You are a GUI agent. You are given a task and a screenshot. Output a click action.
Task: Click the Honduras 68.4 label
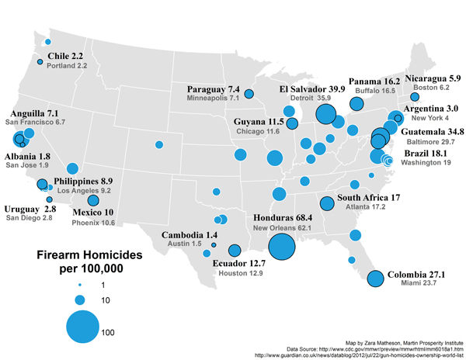284,218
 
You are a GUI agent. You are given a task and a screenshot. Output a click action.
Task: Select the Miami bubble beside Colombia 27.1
375,279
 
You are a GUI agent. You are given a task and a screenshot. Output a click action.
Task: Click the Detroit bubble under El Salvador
325,115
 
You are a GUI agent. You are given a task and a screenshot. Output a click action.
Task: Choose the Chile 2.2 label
65,57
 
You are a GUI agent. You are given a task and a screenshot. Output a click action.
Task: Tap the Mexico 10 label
93,212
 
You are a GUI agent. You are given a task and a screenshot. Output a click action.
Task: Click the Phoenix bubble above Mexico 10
94,200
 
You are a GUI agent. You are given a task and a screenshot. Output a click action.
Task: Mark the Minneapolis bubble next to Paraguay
249,95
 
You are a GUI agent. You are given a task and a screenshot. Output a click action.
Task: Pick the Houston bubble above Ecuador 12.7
234,250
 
